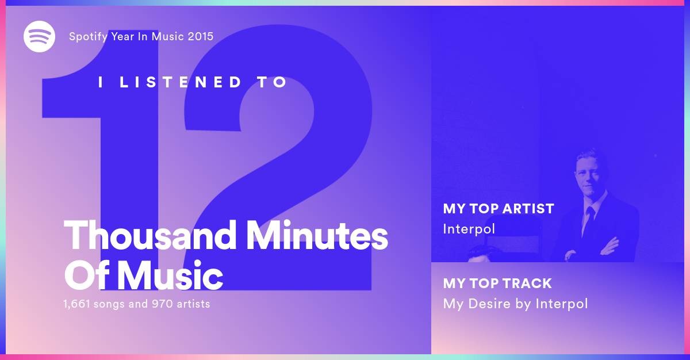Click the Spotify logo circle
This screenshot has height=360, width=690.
click(x=39, y=36)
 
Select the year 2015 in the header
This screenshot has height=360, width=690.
click(x=201, y=36)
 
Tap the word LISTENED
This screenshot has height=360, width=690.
click(x=180, y=82)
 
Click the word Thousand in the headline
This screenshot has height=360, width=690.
click(x=149, y=235)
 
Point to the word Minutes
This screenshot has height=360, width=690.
click(x=317, y=235)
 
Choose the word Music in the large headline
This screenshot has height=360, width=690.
click(x=170, y=275)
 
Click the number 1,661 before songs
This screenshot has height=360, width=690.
click(x=76, y=304)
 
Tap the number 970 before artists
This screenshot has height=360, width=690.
click(x=162, y=304)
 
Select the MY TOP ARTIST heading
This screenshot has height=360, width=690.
click(x=499, y=209)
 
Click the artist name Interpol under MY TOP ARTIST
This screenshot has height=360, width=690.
click(x=469, y=229)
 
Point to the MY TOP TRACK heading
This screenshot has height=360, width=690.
click(x=497, y=284)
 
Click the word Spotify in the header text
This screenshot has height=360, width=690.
click(x=88, y=37)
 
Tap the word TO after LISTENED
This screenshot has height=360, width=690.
click(x=273, y=82)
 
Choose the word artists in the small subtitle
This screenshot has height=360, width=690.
click(x=193, y=304)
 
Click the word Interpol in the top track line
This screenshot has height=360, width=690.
click(x=562, y=304)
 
